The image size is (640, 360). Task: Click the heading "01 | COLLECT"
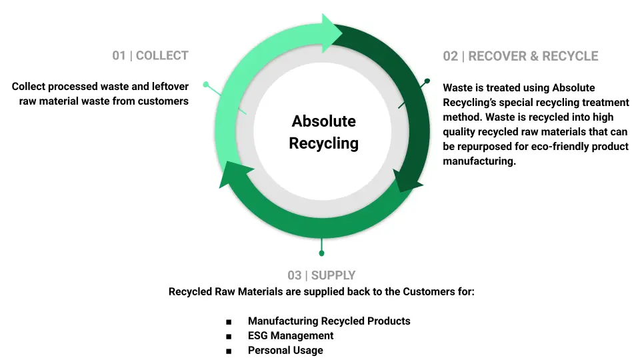coord(150,55)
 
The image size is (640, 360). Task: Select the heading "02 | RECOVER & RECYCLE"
coord(521,56)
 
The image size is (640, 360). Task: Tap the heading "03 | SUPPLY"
coord(321,275)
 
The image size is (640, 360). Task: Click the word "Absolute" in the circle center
coord(324,121)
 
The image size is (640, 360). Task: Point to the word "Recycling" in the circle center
coord(324,143)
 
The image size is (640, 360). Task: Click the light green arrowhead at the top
coord(331,33)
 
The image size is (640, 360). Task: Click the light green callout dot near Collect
coord(206,85)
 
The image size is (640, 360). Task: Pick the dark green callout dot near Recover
coord(427,81)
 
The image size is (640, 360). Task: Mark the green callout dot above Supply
coord(321,253)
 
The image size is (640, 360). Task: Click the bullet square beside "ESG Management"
coord(229,336)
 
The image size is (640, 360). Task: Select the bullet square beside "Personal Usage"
coord(229,351)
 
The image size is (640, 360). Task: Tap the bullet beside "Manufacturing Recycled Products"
coord(229,321)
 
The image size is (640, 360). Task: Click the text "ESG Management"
coord(291,335)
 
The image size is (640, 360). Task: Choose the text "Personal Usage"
coord(285,350)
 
